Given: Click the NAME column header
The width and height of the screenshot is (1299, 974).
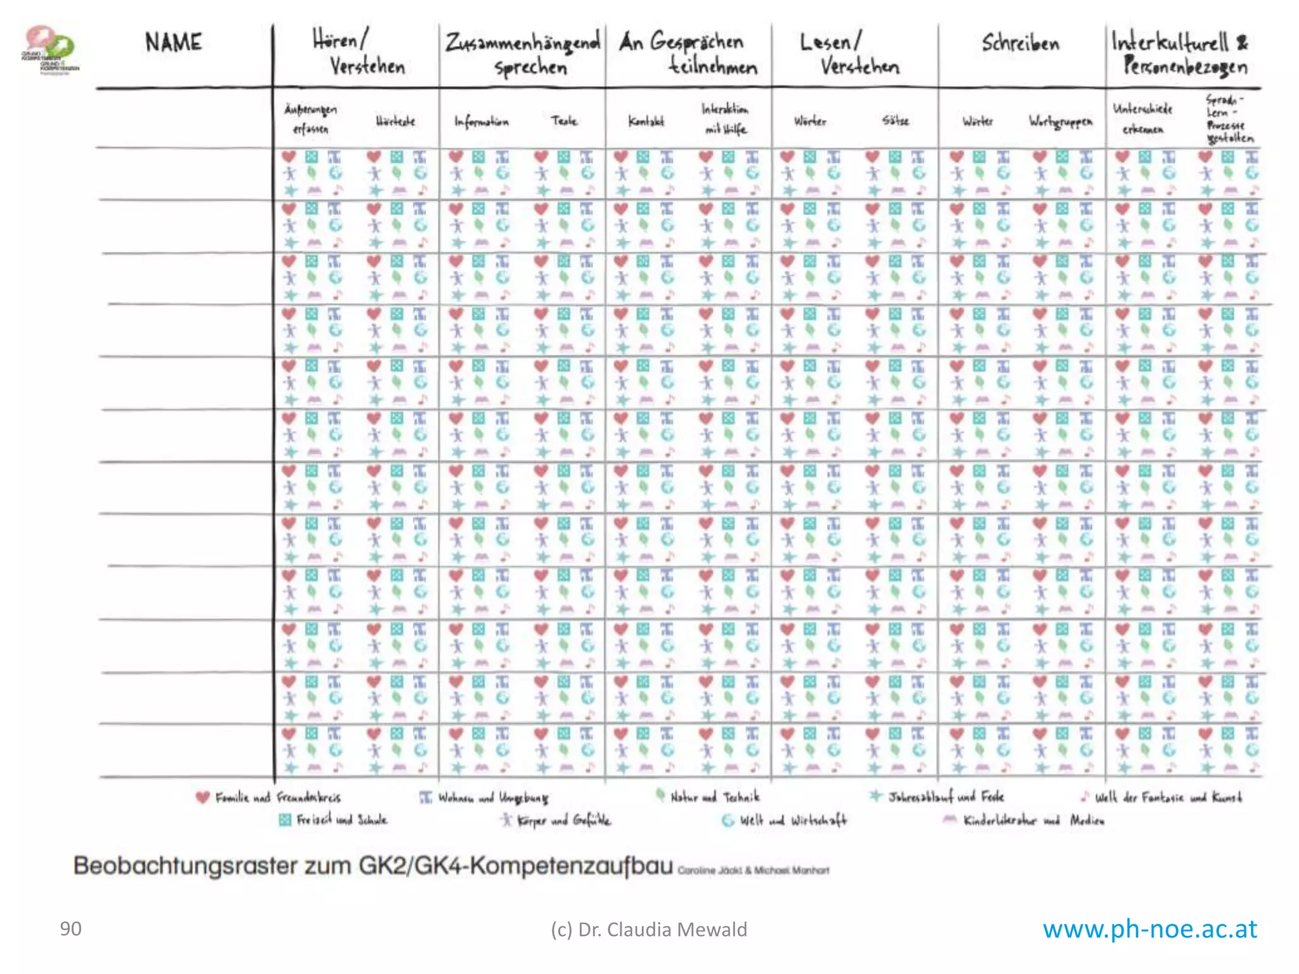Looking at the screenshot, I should [x=173, y=42].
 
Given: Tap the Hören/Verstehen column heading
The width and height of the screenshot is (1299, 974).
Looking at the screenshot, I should [x=359, y=53].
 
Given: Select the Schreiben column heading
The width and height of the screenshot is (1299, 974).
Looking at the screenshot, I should [x=1021, y=43].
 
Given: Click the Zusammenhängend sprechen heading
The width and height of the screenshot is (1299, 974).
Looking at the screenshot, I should [x=523, y=55].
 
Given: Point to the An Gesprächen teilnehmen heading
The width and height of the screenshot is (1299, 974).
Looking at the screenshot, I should [x=689, y=54].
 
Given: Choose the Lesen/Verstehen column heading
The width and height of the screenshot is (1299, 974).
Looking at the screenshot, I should [x=850, y=54].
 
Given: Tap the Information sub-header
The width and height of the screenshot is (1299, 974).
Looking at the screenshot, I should [x=481, y=121].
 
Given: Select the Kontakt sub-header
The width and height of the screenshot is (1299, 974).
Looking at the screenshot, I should [x=646, y=121].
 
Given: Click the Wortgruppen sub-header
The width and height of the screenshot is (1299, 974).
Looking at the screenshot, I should [x=1061, y=121].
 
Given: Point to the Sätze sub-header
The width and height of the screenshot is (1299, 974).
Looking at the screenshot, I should [x=895, y=120].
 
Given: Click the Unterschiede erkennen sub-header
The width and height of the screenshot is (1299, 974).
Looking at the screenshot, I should [x=1142, y=119].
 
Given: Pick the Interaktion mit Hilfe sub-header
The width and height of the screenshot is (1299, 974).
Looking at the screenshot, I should [x=725, y=119].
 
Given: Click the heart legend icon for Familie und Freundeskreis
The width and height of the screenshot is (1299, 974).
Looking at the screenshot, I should [x=202, y=797].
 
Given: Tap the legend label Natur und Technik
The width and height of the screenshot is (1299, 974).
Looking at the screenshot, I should [x=715, y=796].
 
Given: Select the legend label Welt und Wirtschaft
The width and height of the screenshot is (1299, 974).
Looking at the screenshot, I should [x=793, y=821].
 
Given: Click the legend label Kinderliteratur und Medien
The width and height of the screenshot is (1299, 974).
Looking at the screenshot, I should [x=1033, y=821].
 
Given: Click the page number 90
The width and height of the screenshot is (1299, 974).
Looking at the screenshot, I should [x=70, y=929].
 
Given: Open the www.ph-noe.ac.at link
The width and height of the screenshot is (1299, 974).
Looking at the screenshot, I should [x=1149, y=929].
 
